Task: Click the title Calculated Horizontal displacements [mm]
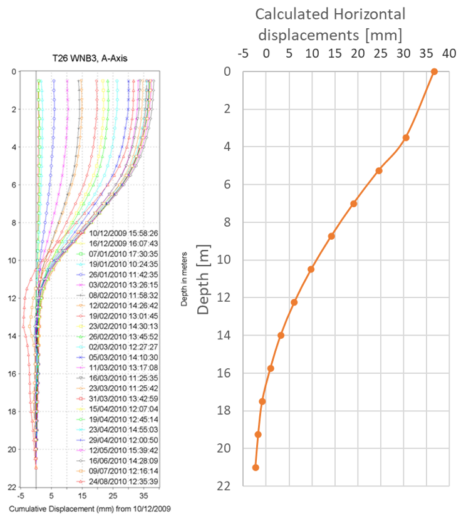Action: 330,23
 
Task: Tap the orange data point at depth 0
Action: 434,71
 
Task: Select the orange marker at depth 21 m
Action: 256,467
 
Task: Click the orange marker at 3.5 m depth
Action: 406,137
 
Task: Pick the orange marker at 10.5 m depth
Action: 311,269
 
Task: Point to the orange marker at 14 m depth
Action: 281,335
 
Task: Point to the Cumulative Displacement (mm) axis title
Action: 90,508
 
